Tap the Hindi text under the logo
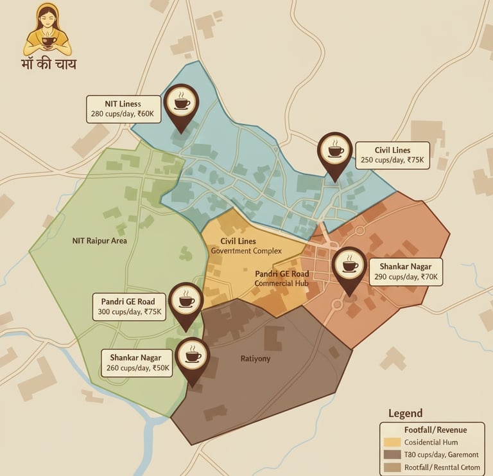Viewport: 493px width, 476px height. click(x=48, y=65)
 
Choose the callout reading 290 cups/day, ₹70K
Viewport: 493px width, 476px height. click(x=405, y=272)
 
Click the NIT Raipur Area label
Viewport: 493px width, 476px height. click(x=99, y=241)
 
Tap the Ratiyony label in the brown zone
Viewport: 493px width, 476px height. click(x=255, y=358)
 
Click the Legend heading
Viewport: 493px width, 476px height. click(x=406, y=414)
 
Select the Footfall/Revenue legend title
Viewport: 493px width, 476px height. click(x=435, y=430)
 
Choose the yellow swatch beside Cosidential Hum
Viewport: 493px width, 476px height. click(x=392, y=443)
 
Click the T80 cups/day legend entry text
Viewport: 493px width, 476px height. click(x=442, y=455)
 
